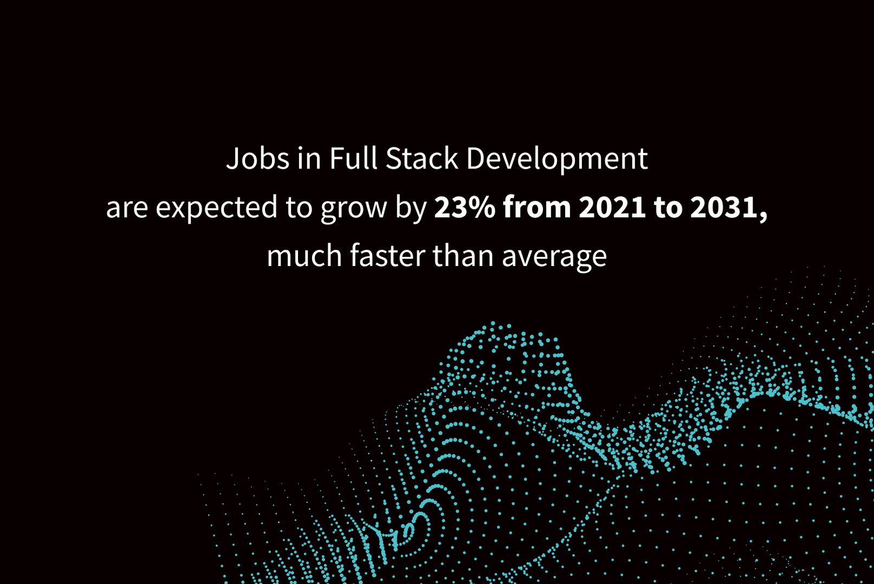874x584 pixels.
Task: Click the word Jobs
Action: [257, 159]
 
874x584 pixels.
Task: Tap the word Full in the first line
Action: [353, 158]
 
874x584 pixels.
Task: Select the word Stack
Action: [422, 158]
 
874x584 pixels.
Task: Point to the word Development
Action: [557, 159]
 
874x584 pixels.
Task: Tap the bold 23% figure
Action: [465, 207]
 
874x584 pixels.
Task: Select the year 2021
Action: [612, 207]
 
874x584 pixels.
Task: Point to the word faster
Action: [387, 256]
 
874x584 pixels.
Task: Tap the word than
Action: [463, 256]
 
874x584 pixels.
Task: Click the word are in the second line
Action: [127, 209]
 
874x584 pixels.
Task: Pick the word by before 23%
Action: [411, 209]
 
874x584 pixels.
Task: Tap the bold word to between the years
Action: [668, 208]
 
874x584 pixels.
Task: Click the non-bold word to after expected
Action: [299, 208]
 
